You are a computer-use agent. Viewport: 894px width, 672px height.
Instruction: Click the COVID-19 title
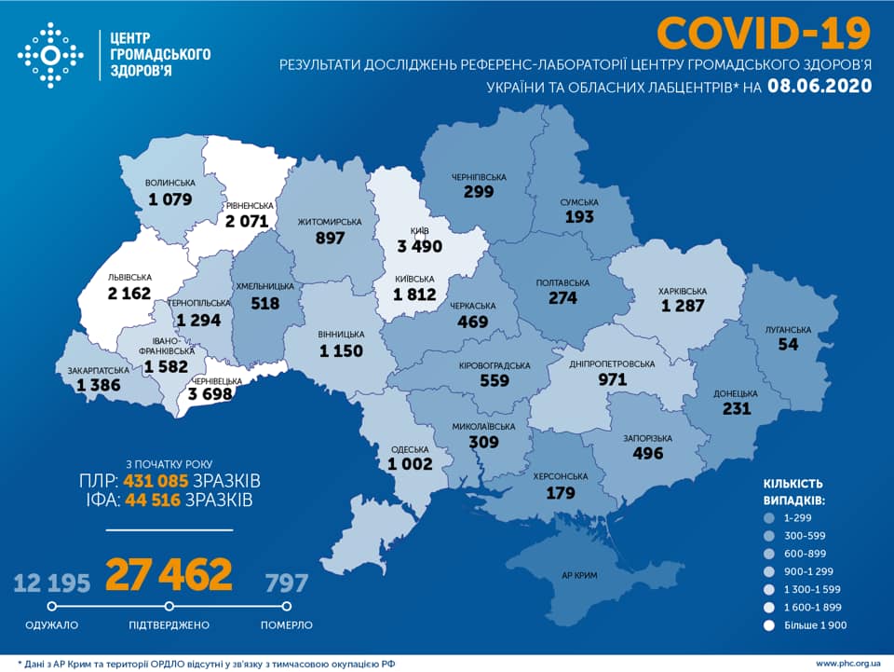[x=764, y=33]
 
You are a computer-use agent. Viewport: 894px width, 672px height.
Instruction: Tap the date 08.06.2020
[x=819, y=87]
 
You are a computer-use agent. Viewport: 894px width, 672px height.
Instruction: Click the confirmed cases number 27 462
[x=169, y=576]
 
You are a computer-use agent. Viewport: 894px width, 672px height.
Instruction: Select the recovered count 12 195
[x=52, y=584]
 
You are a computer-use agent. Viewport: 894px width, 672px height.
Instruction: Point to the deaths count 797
[x=287, y=584]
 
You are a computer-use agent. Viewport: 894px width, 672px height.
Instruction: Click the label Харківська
[x=684, y=290]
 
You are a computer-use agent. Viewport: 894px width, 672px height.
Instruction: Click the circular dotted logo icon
[x=50, y=55]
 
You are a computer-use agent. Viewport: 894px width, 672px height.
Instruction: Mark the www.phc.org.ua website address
[x=847, y=663]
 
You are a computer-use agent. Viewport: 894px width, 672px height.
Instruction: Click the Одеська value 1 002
[x=412, y=464]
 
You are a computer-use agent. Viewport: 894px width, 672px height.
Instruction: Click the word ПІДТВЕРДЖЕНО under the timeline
[x=169, y=624]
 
